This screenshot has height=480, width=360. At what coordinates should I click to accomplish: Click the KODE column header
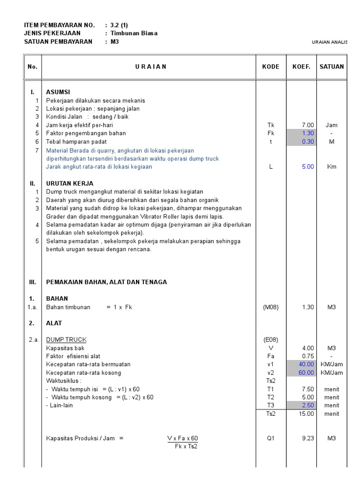click(270, 67)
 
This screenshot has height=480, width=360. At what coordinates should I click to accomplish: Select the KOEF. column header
click(301, 67)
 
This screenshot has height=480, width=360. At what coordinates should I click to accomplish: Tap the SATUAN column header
click(331, 67)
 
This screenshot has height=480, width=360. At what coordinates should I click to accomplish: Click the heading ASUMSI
click(58, 92)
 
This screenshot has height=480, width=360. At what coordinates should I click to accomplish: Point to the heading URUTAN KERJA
click(69, 183)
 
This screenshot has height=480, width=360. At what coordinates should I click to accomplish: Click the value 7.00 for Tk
click(307, 125)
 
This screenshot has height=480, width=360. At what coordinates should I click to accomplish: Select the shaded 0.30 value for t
click(307, 142)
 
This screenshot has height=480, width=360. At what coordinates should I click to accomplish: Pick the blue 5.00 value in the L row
click(307, 166)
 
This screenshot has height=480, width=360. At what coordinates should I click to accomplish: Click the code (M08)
click(270, 307)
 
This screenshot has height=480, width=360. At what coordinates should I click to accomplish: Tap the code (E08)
click(270, 340)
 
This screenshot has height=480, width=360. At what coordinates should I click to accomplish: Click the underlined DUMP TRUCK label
click(66, 340)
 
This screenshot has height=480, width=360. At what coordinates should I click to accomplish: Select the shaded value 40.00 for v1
click(307, 364)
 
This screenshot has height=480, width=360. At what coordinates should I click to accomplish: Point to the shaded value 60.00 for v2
click(307, 373)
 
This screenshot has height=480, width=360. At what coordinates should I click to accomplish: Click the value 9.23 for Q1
click(307, 438)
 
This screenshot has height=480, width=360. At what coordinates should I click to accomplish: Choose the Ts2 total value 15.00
click(307, 413)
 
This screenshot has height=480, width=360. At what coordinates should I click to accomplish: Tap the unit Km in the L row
click(331, 166)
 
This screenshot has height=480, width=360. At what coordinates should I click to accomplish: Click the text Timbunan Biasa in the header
click(134, 33)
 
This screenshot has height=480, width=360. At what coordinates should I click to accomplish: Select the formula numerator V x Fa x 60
click(182, 438)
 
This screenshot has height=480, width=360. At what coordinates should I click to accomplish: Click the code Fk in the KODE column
click(270, 133)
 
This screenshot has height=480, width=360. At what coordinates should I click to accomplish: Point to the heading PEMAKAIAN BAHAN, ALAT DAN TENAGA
click(106, 282)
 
